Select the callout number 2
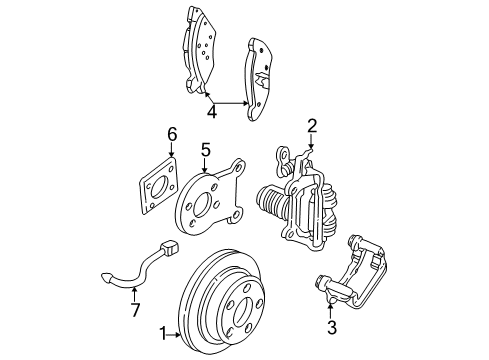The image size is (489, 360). click(311, 126)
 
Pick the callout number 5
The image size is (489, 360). click(205, 151)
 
